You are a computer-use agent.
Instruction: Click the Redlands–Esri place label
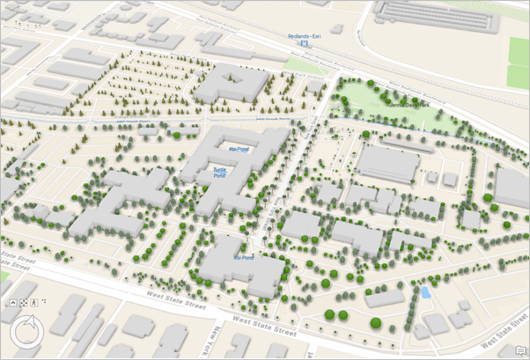point(304,36)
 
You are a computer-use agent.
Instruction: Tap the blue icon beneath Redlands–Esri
point(305,43)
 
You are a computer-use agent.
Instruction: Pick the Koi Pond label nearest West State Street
point(243,258)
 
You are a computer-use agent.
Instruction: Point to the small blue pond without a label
point(426,292)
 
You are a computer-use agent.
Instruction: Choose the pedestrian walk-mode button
point(33,302)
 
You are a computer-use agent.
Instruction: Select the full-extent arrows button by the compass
point(44,301)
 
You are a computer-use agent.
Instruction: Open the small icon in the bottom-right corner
point(520,351)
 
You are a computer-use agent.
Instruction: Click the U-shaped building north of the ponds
point(232,84)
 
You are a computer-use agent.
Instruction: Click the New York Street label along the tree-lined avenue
point(268,211)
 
